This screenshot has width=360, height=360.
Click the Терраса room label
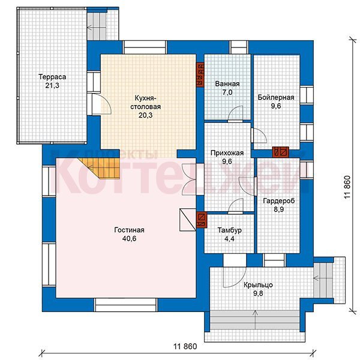[52, 77]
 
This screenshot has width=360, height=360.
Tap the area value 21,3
[52, 85]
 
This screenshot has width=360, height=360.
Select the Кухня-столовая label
[146, 103]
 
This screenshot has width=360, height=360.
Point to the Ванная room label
[227, 84]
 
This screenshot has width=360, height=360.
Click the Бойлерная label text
[276, 97]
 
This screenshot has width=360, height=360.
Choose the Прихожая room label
[227, 153]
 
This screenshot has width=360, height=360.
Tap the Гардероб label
[279, 201]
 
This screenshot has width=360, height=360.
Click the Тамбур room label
[229, 230]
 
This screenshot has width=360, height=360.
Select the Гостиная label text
[129, 230]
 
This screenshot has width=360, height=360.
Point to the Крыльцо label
[258, 285]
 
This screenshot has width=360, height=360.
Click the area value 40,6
[129, 239]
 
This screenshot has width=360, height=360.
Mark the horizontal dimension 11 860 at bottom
[185, 346]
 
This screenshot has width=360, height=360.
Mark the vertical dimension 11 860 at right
[347, 187]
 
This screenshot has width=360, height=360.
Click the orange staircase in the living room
[102, 168]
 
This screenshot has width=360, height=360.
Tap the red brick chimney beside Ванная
[200, 74]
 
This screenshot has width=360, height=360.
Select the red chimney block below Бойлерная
[280, 152]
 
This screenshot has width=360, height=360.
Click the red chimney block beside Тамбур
[202, 220]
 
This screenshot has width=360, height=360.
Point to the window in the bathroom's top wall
[239, 47]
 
